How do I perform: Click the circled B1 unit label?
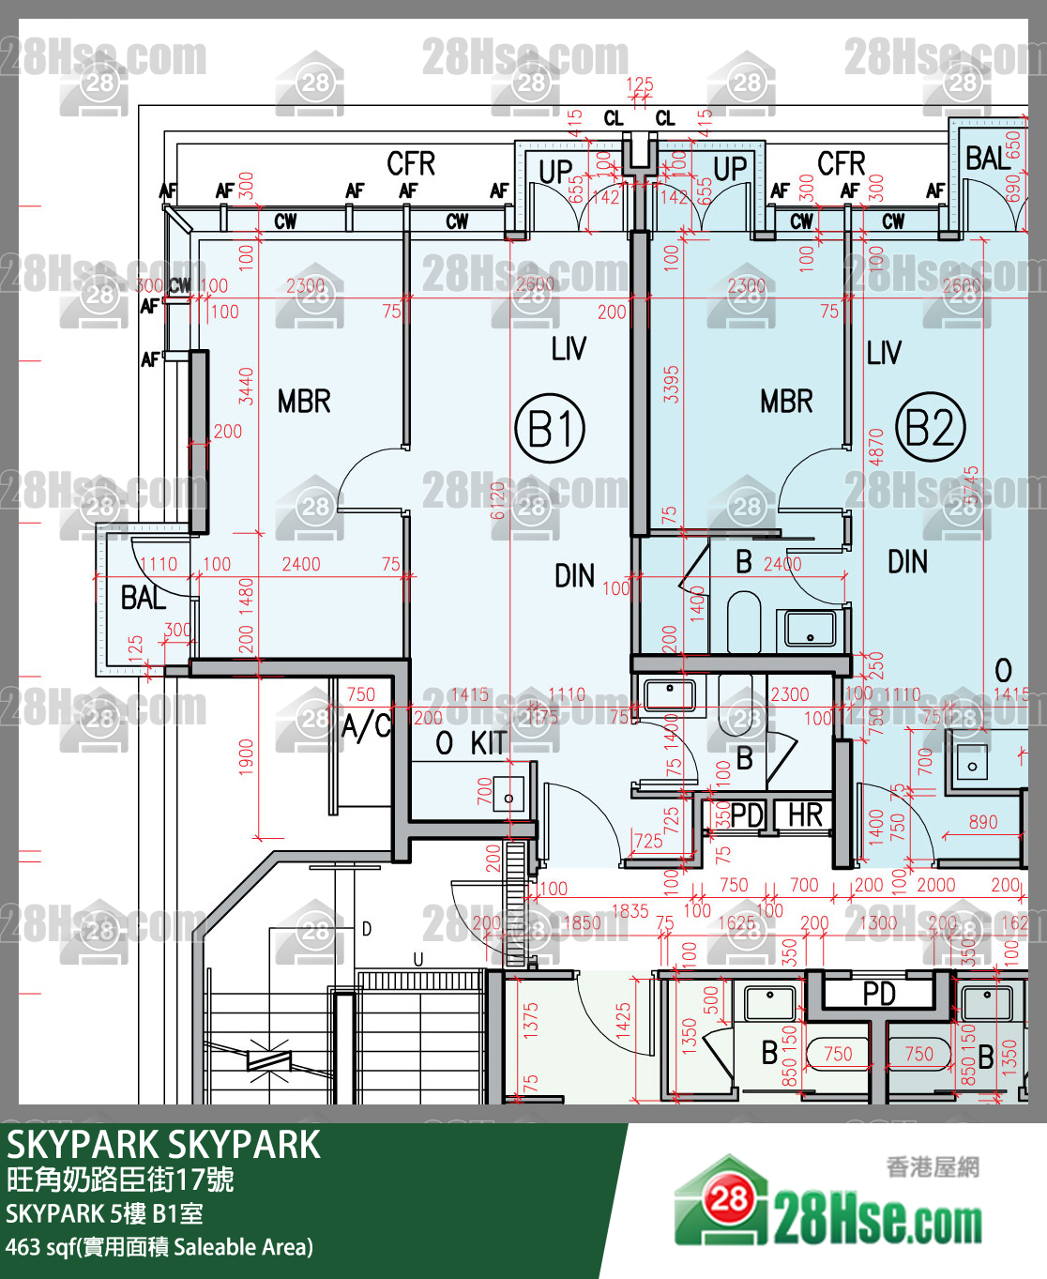550,429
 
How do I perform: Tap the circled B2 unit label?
930,427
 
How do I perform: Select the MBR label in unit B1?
304,402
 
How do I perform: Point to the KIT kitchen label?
489,743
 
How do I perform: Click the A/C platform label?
366,725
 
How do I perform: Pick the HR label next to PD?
805,815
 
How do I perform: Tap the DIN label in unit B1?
574,575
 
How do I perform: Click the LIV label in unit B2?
884,353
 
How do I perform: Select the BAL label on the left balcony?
143,598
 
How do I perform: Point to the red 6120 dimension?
497,499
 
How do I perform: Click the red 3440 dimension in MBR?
246,386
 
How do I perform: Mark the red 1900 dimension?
246,757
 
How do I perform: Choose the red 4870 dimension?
875,447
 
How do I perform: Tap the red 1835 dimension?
630,910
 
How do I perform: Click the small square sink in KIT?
508,796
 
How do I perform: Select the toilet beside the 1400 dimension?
744,620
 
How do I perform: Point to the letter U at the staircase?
417,959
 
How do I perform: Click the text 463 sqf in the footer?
41,1247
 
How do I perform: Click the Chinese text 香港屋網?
933,1166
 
